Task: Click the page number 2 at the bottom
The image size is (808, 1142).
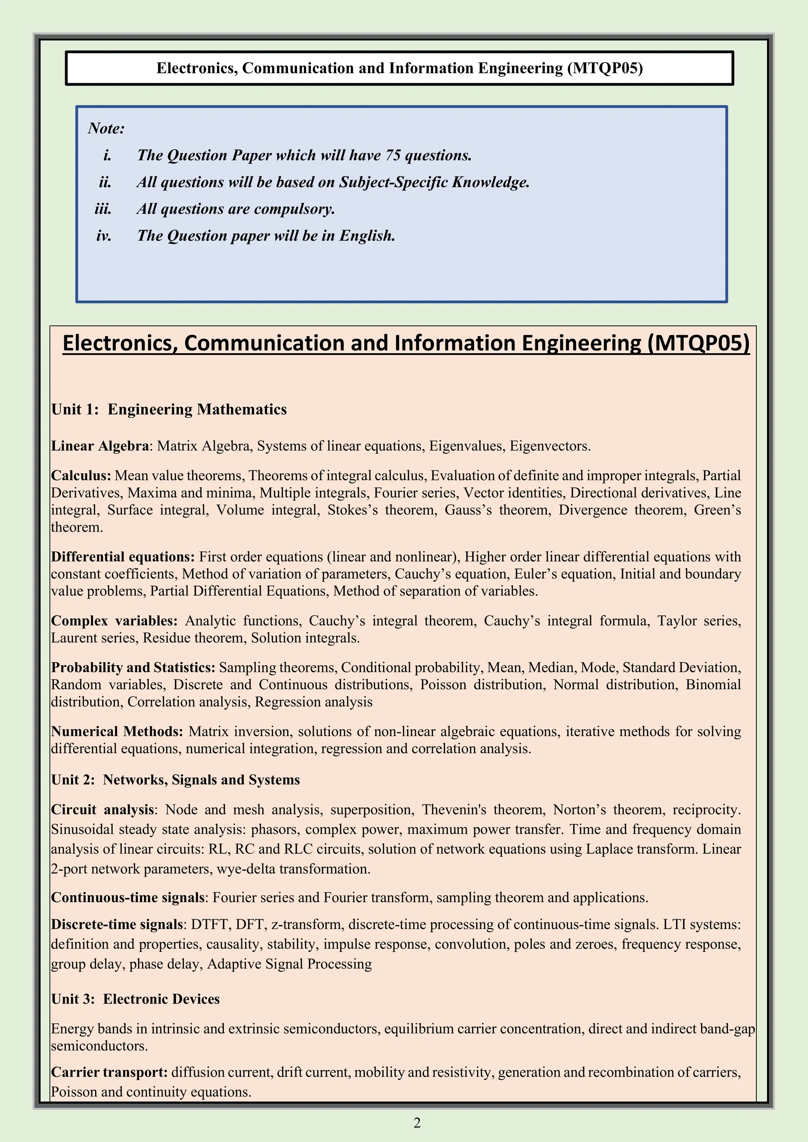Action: [x=417, y=1123]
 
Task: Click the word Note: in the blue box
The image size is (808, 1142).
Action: [x=106, y=128]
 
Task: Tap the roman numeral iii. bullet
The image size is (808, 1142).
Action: [x=103, y=209]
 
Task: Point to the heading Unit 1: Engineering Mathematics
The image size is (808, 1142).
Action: [x=169, y=409]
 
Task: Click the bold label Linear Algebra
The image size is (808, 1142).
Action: [x=99, y=446]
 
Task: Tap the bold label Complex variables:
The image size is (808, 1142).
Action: [x=114, y=621]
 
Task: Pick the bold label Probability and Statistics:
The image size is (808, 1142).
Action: [x=133, y=668]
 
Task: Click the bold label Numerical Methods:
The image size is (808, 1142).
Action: [x=117, y=731]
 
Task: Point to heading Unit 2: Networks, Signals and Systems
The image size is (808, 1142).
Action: [x=175, y=780]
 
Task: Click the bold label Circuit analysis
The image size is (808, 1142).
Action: [x=103, y=810]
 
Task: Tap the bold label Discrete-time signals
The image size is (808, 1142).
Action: [x=117, y=924]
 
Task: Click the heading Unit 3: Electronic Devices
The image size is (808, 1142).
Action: [x=135, y=999]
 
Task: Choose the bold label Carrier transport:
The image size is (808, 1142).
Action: [x=109, y=1072]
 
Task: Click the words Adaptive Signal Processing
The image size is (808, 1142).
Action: [x=289, y=964]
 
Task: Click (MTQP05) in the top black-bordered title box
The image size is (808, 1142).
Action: [x=604, y=68]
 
